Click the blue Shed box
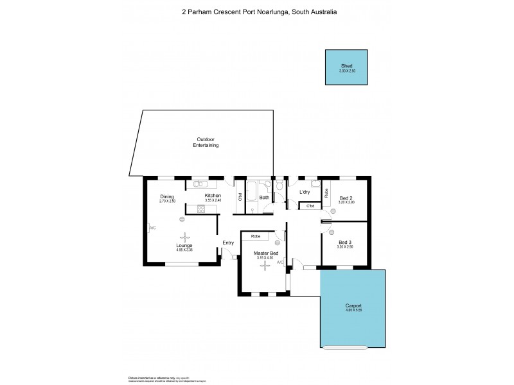click(x=347, y=67)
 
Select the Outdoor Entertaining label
click(x=206, y=142)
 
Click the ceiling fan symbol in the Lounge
click(x=184, y=236)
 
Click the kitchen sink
click(x=200, y=183)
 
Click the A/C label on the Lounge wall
click(x=152, y=228)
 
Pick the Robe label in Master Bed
click(x=255, y=236)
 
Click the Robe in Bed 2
click(x=326, y=192)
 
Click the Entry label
click(x=228, y=242)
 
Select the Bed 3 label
click(x=346, y=241)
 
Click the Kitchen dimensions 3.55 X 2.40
click(x=213, y=201)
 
